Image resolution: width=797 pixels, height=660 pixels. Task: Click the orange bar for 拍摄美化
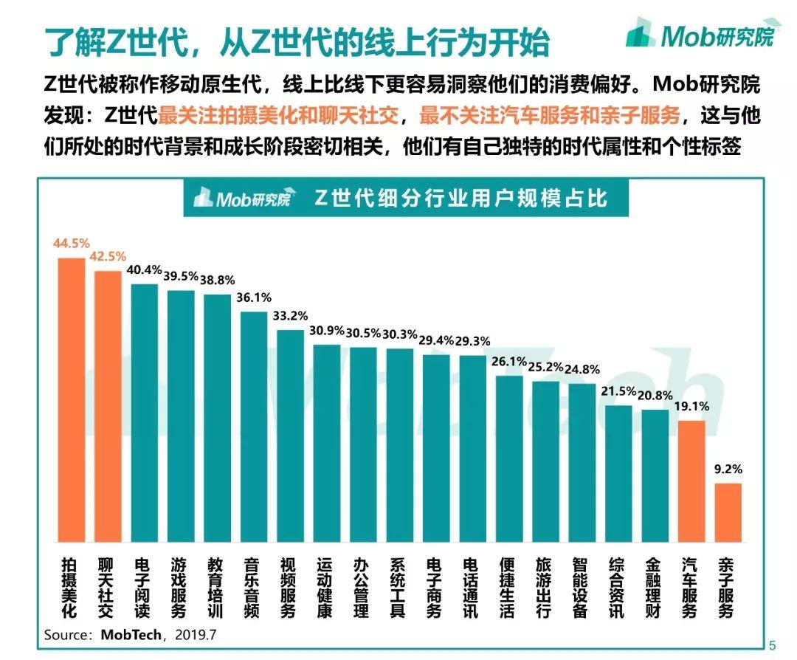coord(72,399)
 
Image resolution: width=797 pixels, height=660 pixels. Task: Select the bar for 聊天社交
coord(108,406)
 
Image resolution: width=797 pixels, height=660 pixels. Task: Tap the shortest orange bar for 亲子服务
coord(728,512)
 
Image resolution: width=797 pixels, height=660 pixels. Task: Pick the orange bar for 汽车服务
coord(691,480)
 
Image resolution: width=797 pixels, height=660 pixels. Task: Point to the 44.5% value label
coord(71,243)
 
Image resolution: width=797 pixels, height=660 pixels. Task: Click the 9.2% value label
coord(728,468)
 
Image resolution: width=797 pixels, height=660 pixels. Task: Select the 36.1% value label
coord(254,298)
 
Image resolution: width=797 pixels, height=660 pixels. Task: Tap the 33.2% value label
coord(290,315)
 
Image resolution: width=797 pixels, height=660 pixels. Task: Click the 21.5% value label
coord(618,390)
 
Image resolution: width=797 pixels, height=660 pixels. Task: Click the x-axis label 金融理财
coord(655,588)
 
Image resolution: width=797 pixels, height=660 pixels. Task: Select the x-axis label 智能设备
coord(582,588)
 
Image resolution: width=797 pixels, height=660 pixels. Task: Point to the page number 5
coord(772,644)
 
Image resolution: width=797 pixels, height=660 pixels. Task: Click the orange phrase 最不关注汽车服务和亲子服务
coord(549,117)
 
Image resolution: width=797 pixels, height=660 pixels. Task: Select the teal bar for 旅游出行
coord(546,461)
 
